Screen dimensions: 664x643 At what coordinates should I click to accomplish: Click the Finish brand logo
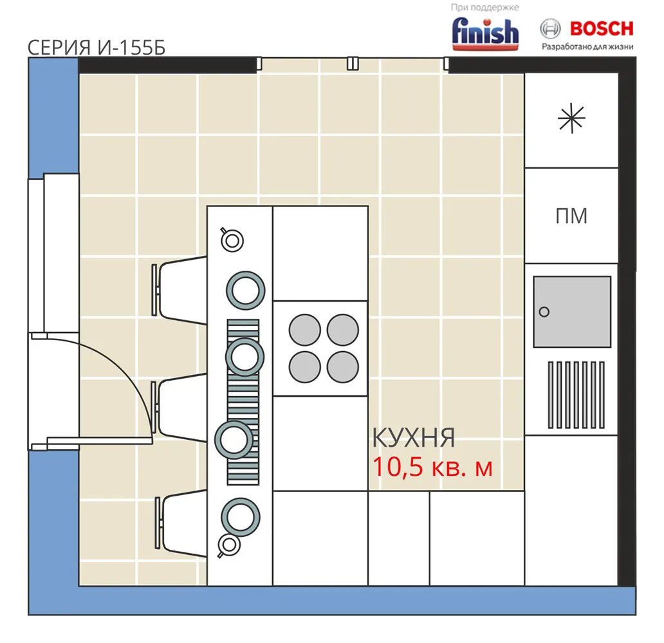click(485, 33)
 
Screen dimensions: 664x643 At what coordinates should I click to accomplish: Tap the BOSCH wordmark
click(602, 29)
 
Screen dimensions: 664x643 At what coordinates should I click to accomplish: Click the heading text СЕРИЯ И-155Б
click(97, 48)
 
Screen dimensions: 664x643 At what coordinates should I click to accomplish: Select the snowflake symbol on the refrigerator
click(572, 118)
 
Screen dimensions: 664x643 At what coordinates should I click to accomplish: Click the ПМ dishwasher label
click(571, 216)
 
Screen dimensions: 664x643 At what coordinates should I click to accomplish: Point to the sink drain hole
click(544, 312)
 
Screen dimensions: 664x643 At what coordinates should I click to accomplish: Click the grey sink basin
click(572, 312)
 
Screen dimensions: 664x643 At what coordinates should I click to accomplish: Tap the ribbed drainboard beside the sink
click(576, 395)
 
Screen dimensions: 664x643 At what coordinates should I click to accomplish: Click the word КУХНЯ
click(414, 438)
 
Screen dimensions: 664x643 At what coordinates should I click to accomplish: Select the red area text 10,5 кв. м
click(432, 467)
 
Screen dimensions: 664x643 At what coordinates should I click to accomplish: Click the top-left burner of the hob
click(305, 330)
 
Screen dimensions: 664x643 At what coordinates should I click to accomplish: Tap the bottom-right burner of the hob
click(342, 367)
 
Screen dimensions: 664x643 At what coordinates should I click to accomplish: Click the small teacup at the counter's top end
click(231, 240)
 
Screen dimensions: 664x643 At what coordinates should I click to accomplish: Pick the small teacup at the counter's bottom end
click(228, 546)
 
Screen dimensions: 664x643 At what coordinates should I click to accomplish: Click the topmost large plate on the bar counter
click(246, 291)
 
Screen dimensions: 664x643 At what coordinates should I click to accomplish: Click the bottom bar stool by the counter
click(181, 523)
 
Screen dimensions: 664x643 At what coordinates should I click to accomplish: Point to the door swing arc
click(127, 372)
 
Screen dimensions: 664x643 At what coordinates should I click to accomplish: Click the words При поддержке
click(485, 7)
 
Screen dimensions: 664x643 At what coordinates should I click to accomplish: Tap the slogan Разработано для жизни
click(588, 46)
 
